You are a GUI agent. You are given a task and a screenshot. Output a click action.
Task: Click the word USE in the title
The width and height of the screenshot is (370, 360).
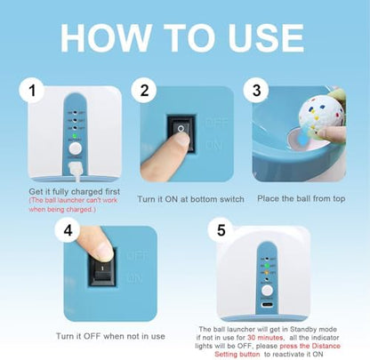(x=266, y=37)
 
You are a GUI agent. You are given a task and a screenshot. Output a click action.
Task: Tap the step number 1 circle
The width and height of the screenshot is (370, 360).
(x=32, y=90)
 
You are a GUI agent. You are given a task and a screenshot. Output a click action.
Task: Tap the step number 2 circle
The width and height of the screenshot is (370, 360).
(x=144, y=90)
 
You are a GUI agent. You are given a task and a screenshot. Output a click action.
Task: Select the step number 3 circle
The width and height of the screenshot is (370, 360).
(x=256, y=90)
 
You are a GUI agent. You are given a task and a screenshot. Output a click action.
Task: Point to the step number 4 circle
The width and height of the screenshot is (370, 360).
(x=68, y=230)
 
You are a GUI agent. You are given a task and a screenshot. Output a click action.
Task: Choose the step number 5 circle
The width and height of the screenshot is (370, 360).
(x=221, y=230)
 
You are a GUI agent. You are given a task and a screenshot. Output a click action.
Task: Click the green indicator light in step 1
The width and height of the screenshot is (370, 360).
(x=75, y=136)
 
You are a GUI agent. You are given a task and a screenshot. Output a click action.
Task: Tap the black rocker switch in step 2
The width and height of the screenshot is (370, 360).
(x=181, y=134)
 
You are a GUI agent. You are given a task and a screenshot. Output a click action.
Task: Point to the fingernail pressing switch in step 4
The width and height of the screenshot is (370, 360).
(x=104, y=251)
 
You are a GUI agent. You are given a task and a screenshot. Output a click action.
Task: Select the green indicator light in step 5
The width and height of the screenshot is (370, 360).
(x=267, y=266)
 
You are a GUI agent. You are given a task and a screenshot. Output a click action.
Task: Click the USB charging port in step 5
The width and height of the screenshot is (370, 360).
(x=267, y=304)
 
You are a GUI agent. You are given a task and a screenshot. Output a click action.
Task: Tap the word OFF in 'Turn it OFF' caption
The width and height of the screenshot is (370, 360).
(x=92, y=336)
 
